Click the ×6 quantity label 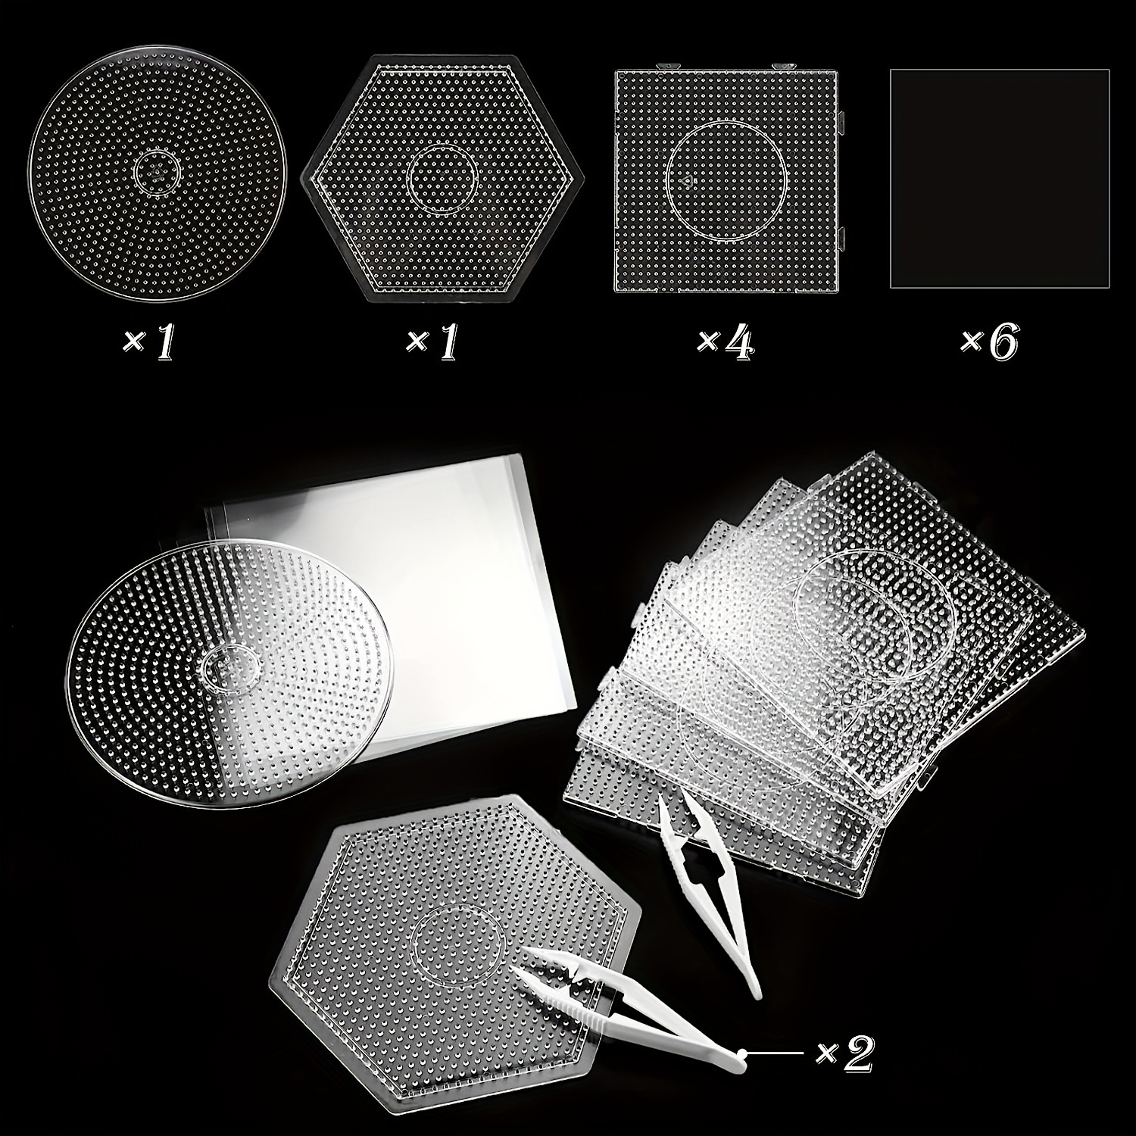[989, 342]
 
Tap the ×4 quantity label [726, 342]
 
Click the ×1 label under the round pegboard [149, 342]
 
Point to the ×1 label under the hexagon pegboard [432, 342]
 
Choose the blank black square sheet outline [999, 179]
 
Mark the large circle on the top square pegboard [726, 179]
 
